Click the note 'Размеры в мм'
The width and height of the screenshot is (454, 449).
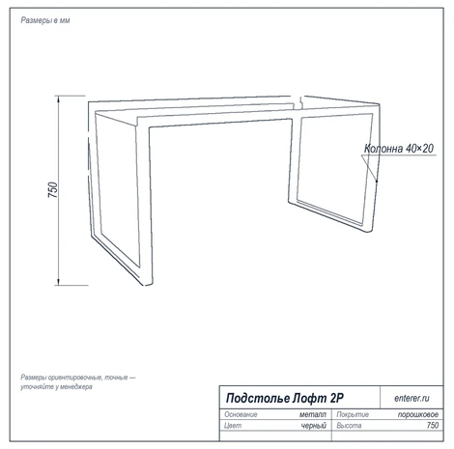pyautogui.click(x=45, y=20)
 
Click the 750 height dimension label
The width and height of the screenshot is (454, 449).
pyautogui.click(x=52, y=190)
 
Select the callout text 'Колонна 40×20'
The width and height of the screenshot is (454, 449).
pyautogui.click(x=399, y=149)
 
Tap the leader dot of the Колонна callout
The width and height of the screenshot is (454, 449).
pyautogui.click(x=377, y=181)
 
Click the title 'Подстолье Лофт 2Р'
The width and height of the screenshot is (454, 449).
pyautogui.click(x=285, y=398)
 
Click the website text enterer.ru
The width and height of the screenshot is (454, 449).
pyautogui.click(x=411, y=398)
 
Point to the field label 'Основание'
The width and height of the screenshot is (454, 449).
pyautogui.click(x=241, y=414)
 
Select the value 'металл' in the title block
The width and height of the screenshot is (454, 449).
pyautogui.click(x=313, y=414)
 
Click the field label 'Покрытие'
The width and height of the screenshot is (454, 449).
pyautogui.click(x=353, y=414)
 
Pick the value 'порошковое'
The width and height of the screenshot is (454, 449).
pyautogui.click(x=418, y=414)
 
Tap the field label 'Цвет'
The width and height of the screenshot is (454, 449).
pyautogui.click(x=233, y=426)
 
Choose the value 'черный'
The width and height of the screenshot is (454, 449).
pyautogui.click(x=314, y=426)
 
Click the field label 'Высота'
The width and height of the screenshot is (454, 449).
pyautogui.click(x=349, y=426)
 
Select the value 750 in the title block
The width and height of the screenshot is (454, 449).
pyautogui.click(x=433, y=426)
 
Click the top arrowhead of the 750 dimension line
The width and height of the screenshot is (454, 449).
pyautogui.click(x=58, y=98)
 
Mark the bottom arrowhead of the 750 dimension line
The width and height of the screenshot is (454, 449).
pyautogui.click(x=58, y=282)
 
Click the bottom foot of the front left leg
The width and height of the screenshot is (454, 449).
pyautogui.click(x=147, y=283)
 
